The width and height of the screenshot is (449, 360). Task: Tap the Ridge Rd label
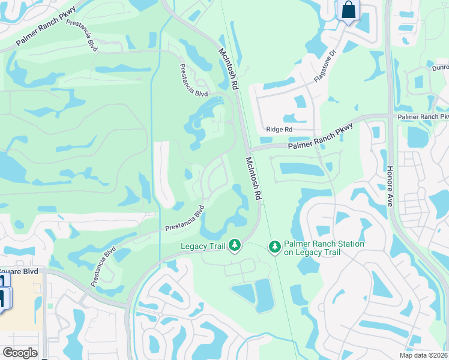click(x=279, y=129)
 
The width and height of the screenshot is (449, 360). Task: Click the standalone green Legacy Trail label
click(x=205, y=246)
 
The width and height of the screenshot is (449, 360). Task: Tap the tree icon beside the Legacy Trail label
click(x=235, y=245)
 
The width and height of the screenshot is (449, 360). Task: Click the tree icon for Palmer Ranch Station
click(x=274, y=247)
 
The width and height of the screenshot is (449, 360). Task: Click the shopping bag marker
click(x=348, y=10)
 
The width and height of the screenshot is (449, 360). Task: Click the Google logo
click(x=20, y=353)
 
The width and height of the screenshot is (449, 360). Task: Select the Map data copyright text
click(x=424, y=355)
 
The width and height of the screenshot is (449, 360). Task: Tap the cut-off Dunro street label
click(x=439, y=68)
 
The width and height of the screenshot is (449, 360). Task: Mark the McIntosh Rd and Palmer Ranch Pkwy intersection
click(x=249, y=149)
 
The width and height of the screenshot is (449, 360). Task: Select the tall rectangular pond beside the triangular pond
click(x=264, y=295)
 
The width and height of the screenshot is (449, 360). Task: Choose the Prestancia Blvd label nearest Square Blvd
click(x=102, y=266)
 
